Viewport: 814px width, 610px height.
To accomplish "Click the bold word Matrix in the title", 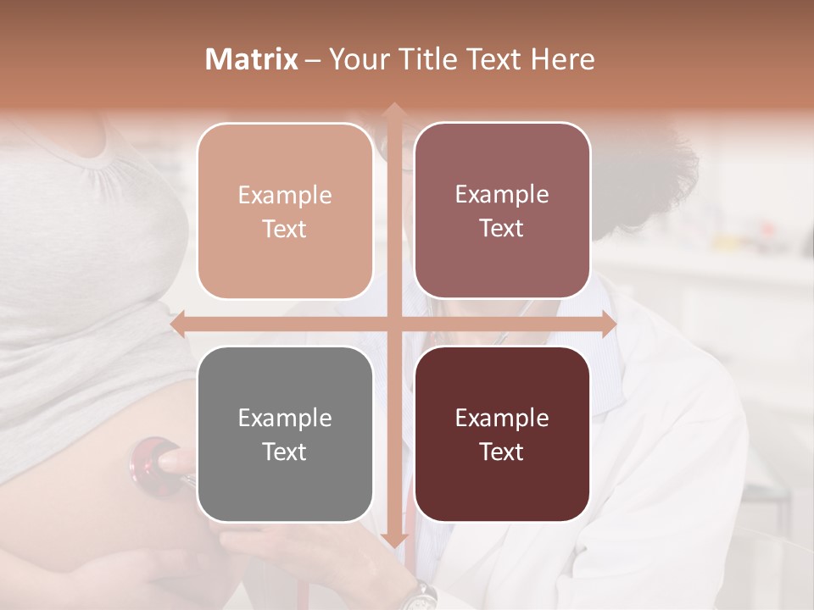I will tap(252, 59).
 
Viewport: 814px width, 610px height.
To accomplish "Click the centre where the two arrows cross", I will tap(393, 324).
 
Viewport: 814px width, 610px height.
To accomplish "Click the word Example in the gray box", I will tap(285, 419).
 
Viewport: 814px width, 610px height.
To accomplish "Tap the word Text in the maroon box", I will tap(502, 452).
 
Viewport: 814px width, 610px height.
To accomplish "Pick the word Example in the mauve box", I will tap(502, 195).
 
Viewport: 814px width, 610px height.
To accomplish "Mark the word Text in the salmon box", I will tap(285, 230).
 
